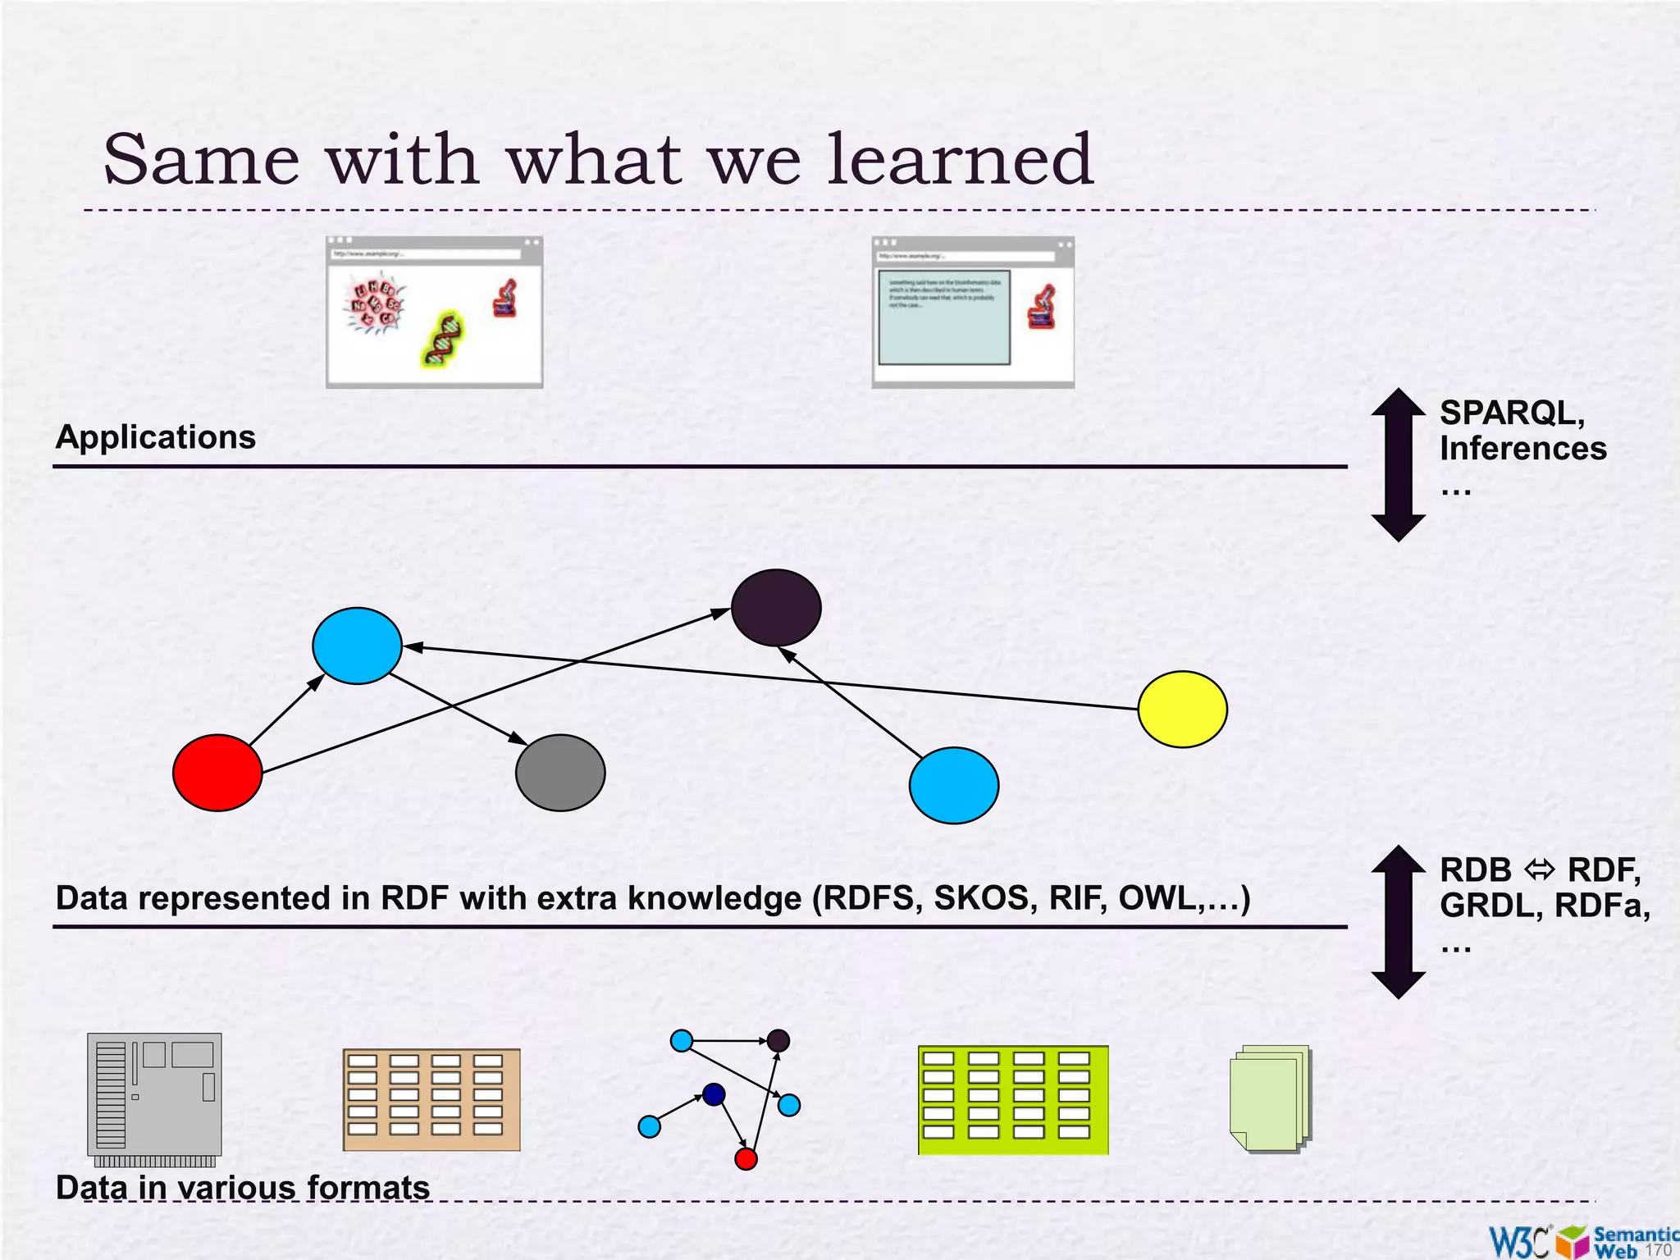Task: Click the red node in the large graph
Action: pos(217,772)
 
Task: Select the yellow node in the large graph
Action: pos(1182,709)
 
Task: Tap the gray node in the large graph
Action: pos(560,772)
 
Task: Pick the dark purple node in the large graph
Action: pos(776,608)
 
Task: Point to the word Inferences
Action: pos(1522,449)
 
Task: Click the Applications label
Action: pos(156,436)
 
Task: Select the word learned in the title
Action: pos(960,159)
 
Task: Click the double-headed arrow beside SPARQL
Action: pos(1398,464)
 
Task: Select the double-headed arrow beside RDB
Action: pos(1398,921)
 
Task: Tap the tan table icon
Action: pos(431,1099)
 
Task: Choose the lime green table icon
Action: pos(1013,1100)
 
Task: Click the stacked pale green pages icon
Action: pos(1270,1098)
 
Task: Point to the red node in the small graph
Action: pos(746,1159)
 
